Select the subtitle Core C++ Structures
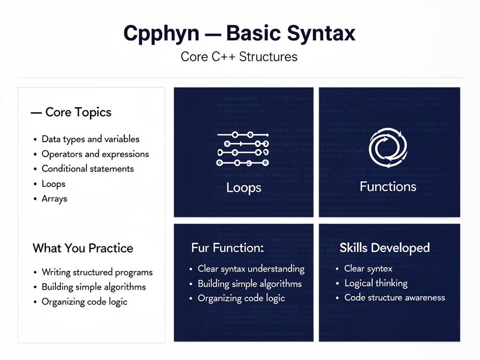pos(239,57)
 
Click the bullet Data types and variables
pos(90,139)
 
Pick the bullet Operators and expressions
pos(95,154)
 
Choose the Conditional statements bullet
pos(88,169)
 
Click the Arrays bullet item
pos(54,199)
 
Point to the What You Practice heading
pos(83,248)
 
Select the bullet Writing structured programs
pos(97,272)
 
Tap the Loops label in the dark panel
pos(243,188)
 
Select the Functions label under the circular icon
pos(388,187)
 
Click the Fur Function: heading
pos(227,248)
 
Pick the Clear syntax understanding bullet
pos(251,269)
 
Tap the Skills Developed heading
pos(384,248)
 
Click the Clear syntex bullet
pos(368,269)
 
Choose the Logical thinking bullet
pos(376,283)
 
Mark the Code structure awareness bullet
pos(395,298)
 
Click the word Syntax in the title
pos(313,35)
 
